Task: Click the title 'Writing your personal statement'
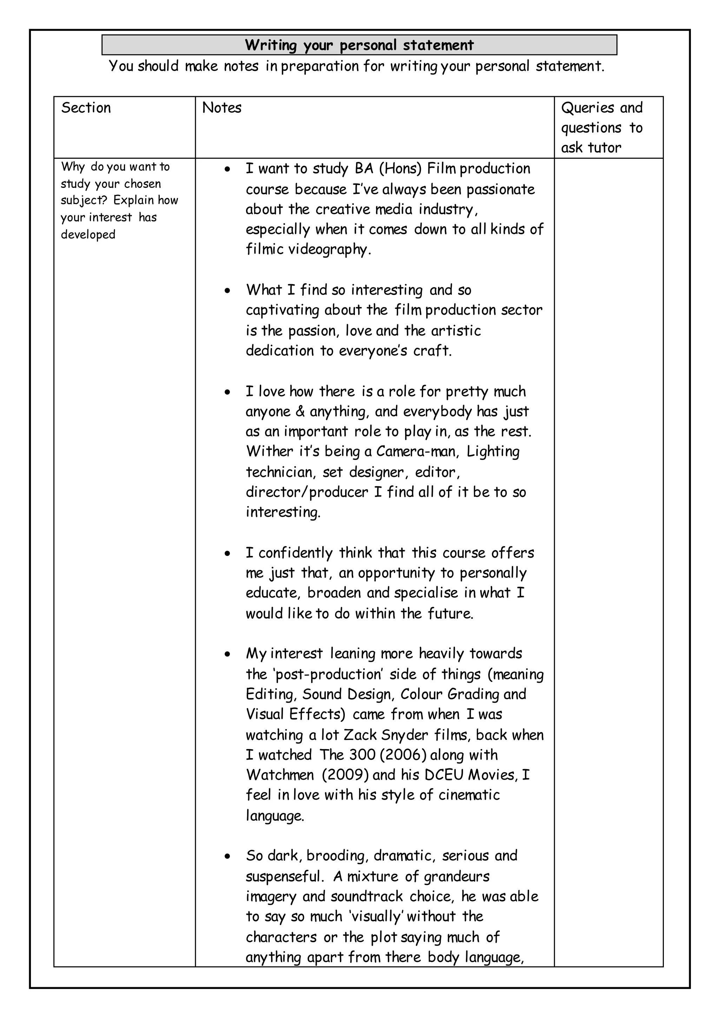point(359,45)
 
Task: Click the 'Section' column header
point(86,108)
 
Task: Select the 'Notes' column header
point(222,108)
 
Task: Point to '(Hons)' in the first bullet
point(401,169)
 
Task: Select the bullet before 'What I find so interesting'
point(227,290)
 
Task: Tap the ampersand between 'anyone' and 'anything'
point(300,412)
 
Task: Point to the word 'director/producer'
point(307,492)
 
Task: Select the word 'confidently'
point(295,553)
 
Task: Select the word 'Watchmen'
point(280,775)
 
